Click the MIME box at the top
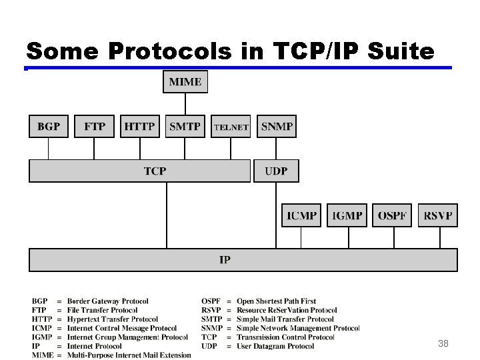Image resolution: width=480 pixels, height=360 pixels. (185, 82)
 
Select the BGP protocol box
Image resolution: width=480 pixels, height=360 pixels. (49, 127)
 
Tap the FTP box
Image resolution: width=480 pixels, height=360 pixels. (94, 127)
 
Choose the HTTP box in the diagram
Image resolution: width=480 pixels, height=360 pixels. (140, 127)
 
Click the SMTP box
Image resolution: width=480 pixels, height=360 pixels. (185, 127)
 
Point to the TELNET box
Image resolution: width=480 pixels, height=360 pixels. (231, 127)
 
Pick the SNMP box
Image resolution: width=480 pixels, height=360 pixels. (277, 127)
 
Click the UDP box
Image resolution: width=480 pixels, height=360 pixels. (276, 171)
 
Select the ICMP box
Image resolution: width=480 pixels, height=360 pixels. (301, 215)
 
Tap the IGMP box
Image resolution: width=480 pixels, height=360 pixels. (347, 215)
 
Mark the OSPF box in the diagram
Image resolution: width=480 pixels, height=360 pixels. (392, 215)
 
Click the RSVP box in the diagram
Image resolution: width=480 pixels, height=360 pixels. (438, 215)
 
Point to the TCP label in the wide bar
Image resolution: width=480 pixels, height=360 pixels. (155, 171)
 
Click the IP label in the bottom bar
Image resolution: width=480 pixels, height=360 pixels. (225, 260)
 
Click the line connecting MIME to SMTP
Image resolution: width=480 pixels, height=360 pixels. (185, 103)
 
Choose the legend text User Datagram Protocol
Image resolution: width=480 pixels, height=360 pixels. (275, 346)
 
